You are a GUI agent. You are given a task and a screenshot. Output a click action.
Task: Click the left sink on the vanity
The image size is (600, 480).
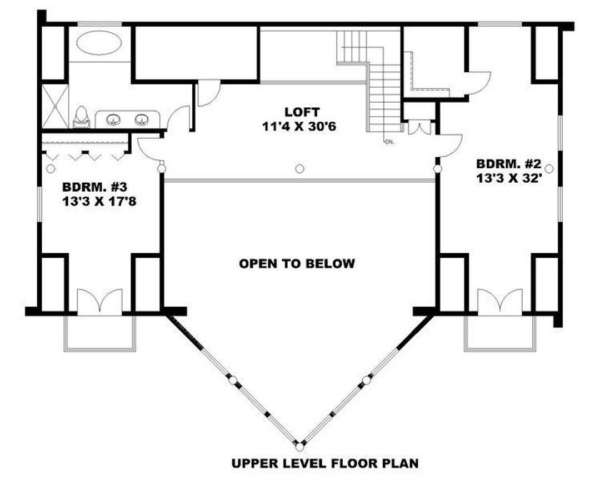(114, 119)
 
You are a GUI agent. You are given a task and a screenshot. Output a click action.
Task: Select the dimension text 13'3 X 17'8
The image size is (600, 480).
(99, 201)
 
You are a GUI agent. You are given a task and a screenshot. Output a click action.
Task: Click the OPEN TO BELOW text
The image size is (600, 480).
(297, 263)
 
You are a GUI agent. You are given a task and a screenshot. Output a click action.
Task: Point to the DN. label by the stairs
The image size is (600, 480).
(389, 142)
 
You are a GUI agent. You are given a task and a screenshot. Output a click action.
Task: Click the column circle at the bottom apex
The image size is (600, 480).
(299, 445)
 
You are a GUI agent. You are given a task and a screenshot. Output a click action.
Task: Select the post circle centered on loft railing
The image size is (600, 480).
(300, 168)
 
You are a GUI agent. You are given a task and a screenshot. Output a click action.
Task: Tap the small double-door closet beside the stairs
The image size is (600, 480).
(419, 128)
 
